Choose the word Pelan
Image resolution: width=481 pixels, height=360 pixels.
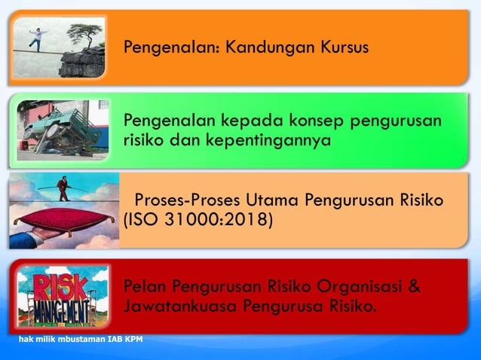tap(144, 286)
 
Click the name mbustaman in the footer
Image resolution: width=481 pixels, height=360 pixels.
tap(83, 339)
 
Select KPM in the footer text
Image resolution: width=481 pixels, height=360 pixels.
tap(133, 339)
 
